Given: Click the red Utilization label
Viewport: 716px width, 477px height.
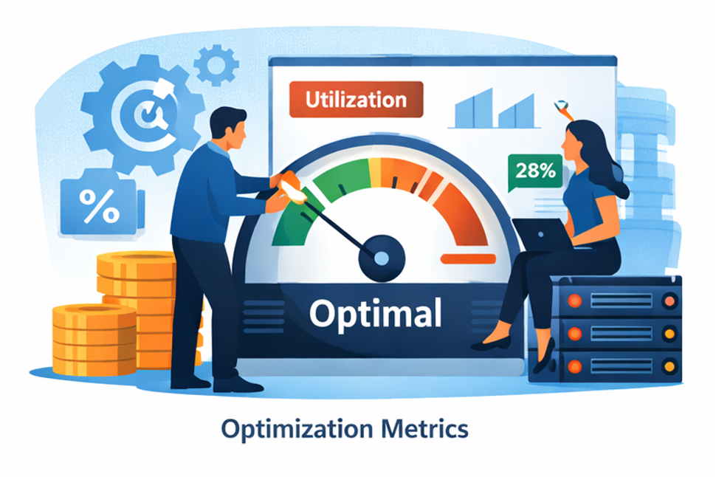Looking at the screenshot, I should tap(356, 99).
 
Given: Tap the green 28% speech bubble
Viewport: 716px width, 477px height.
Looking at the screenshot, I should tap(536, 172).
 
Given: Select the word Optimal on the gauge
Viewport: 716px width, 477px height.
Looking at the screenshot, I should tap(375, 313).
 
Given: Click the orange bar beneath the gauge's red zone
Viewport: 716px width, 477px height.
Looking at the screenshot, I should tap(467, 258).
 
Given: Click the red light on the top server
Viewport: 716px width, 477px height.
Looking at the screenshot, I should tap(669, 301).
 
